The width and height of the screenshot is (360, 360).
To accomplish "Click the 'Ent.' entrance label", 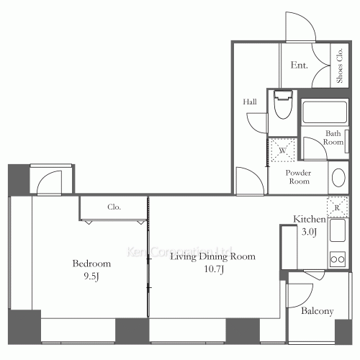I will point(300,66).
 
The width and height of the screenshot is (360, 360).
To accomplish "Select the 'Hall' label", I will point(250,102).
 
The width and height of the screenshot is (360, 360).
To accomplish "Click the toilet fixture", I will point(282,109).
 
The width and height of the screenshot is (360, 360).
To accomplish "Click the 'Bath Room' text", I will point(333,138).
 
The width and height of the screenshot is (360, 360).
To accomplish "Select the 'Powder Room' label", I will point(297,177).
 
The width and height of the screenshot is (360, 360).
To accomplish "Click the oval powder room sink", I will point(337,179).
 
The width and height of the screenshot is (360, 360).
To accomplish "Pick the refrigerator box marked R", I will point(337,206).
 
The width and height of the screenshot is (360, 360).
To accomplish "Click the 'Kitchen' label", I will point(310,219).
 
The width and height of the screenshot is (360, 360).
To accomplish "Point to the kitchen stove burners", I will point(338,257).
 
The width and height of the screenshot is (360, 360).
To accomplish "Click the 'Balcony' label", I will point(317,311).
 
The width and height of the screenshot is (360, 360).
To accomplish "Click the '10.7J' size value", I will point(212,269).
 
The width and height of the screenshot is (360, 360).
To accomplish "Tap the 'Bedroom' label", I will point(91,264).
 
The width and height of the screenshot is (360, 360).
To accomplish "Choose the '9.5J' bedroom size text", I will point(92,276).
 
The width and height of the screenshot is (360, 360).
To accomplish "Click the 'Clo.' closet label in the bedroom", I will point(114,207).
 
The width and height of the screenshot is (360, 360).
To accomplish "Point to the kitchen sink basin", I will point(338,232).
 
